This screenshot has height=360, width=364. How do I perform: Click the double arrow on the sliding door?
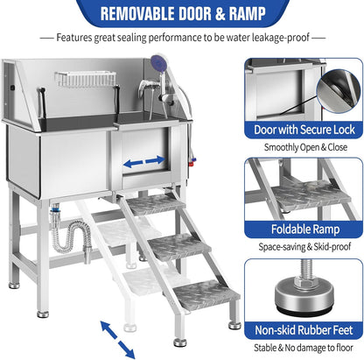[x=143, y=161]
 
